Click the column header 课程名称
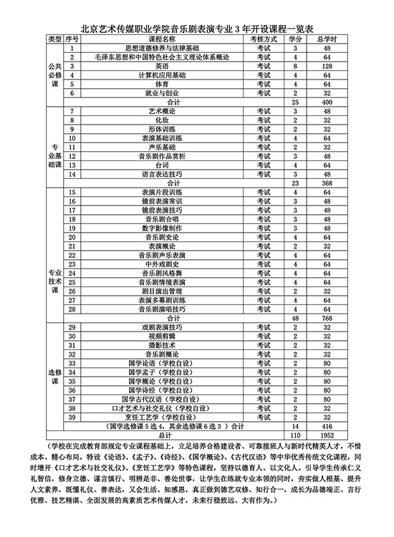coord(163,37)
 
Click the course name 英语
coord(163,65)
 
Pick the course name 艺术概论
coord(163,112)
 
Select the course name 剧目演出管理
coord(163,291)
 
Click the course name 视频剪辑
coord(163,336)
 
